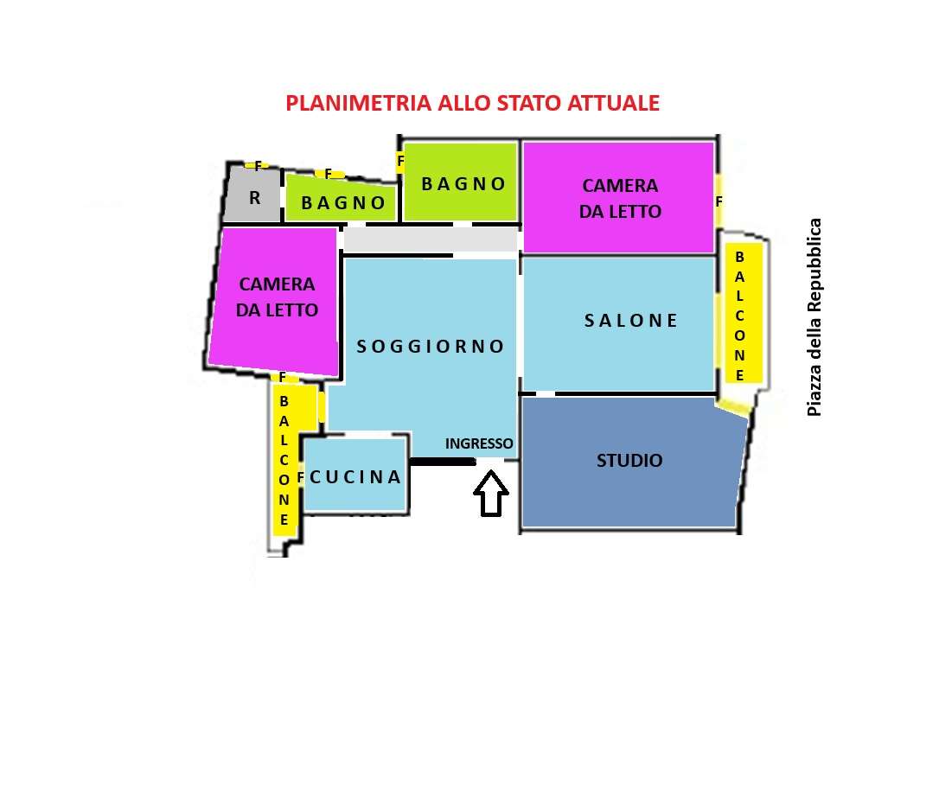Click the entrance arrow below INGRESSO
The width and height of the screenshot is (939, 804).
[491, 493]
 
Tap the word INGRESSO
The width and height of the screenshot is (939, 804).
[479, 443]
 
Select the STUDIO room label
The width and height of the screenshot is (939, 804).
[629, 461]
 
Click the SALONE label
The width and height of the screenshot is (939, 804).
[630, 321]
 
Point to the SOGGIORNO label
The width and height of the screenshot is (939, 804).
[431, 347]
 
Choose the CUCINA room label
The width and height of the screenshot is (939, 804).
[355, 477]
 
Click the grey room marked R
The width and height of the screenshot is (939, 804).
[252, 194]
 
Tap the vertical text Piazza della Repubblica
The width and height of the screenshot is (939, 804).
[814, 317]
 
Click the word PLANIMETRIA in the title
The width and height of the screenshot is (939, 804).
[358, 103]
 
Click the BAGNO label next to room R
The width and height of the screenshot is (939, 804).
[343, 203]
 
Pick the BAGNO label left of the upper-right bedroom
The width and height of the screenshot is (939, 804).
[463, 184]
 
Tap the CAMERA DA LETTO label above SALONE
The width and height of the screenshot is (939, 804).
[621, 198]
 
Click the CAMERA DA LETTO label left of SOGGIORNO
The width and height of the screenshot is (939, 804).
[277, 297]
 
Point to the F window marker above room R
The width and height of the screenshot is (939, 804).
[259, 166]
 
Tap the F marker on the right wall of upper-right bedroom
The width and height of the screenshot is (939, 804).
[719, 201]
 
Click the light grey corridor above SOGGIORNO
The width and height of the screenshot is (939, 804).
[431, 239]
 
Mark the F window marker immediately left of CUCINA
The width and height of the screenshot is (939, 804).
[301, 477]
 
